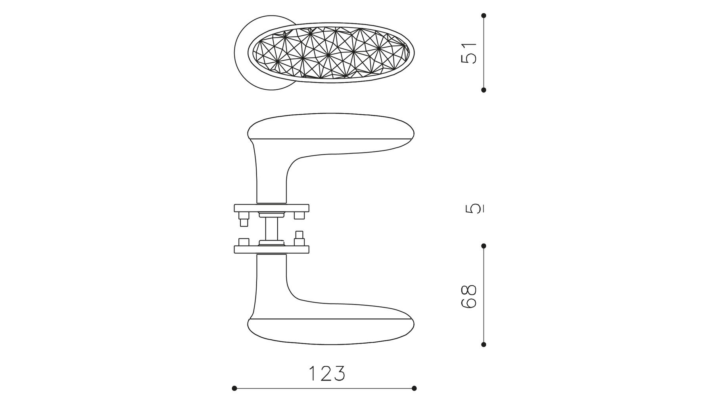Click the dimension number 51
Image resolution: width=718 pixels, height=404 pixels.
[469, 53]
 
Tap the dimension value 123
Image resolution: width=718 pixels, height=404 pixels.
[327, 373]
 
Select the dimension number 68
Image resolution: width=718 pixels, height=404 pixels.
[469, 296]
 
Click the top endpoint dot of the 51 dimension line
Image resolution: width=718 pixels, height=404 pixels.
[484, 15]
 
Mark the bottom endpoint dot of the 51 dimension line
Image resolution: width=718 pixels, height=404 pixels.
[484, 90]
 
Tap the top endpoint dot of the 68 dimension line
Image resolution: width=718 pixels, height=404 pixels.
[484, 246]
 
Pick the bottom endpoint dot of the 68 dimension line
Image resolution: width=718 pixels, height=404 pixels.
[484, 344]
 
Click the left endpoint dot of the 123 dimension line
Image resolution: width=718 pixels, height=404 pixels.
[234, 388]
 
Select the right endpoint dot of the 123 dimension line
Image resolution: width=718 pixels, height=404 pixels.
[414, 388]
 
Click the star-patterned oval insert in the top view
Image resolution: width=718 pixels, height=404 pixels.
[332, 52]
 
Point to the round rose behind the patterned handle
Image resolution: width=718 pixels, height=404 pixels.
[242, 53]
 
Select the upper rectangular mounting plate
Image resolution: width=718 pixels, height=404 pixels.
[272, 208]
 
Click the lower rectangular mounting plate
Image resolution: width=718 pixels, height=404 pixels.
[272, 249]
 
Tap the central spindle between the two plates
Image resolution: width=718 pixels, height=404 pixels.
[272, 229]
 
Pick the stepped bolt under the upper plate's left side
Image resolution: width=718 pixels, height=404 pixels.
[244, 219]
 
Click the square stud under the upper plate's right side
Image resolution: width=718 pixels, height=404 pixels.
[299, 215]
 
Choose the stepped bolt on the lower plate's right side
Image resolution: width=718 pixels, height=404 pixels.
[299, 239]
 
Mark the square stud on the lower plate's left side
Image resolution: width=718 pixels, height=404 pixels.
[244, 242]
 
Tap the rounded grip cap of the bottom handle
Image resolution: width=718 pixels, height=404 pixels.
[331, 331]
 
